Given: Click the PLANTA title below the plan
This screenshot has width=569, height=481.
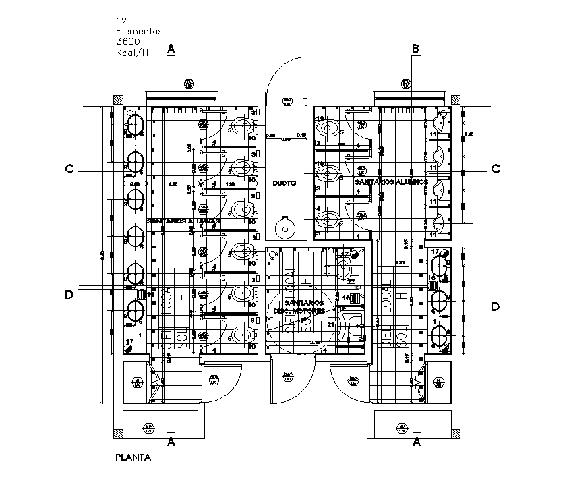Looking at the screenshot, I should [x=133, y=457].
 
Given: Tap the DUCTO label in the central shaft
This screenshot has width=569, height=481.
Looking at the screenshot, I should [x=284, y=183].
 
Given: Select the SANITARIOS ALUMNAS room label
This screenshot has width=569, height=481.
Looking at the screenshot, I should [x=184, y=221].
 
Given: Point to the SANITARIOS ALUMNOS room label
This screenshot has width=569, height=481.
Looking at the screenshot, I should [x=392, y=183].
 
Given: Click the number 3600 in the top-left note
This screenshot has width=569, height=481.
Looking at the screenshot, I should [x=128, y=41].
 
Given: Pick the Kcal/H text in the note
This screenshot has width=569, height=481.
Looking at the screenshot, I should [x=131, y=52].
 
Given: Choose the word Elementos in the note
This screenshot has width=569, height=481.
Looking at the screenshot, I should [x=139, y=31].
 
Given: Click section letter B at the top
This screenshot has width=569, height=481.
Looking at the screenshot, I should [x=416, y=49].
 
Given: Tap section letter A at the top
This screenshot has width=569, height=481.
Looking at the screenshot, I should [x=172, y=49].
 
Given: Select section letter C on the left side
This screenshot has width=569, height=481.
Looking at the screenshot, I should [x=69, y=169].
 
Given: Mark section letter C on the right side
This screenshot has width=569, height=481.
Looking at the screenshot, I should [x=496, y=169].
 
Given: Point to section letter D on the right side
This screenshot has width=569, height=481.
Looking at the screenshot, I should [x=496, y=307].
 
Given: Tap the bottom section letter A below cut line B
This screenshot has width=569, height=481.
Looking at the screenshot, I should [x=417, y=443].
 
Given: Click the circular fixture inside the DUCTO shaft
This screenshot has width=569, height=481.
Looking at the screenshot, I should [x=285, y=226].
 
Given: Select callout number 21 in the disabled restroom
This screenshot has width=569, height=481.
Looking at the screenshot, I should [x=330, y=324].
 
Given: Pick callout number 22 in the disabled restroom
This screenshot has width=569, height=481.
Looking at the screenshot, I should [x=351, y=281].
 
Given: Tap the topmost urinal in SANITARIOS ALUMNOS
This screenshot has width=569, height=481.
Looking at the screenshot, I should [x=438, y=122].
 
